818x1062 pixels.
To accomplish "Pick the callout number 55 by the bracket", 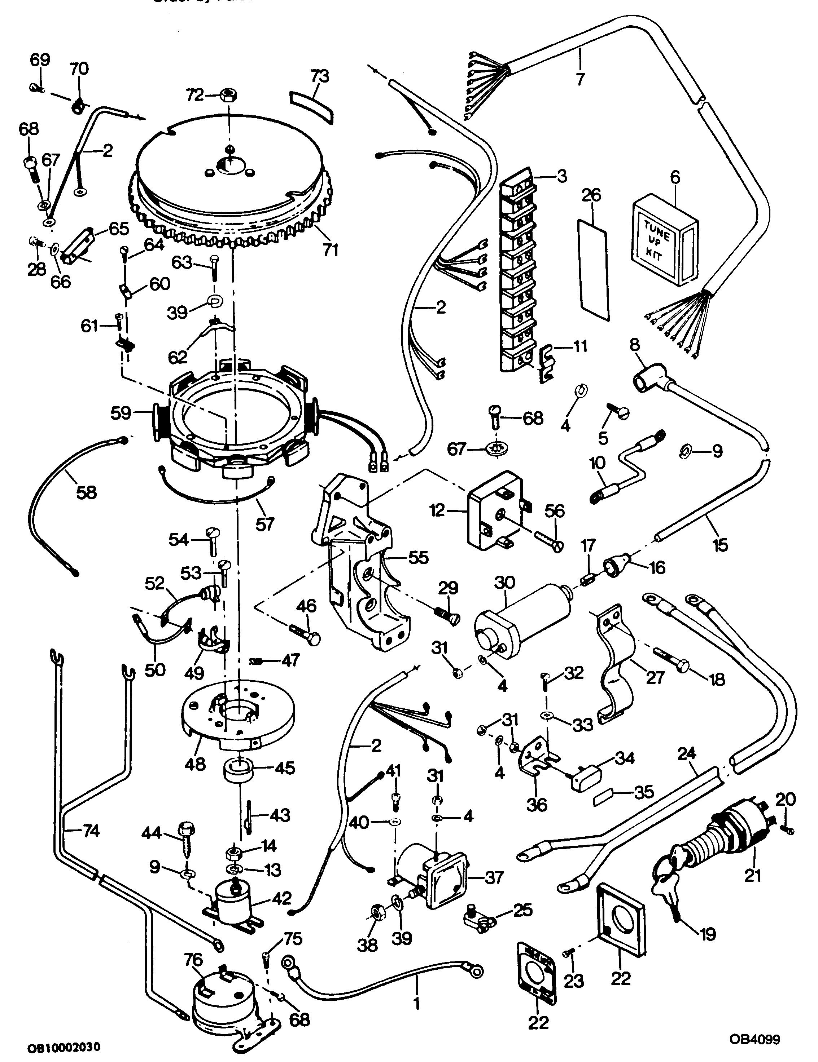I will click(x=418, y=558).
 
